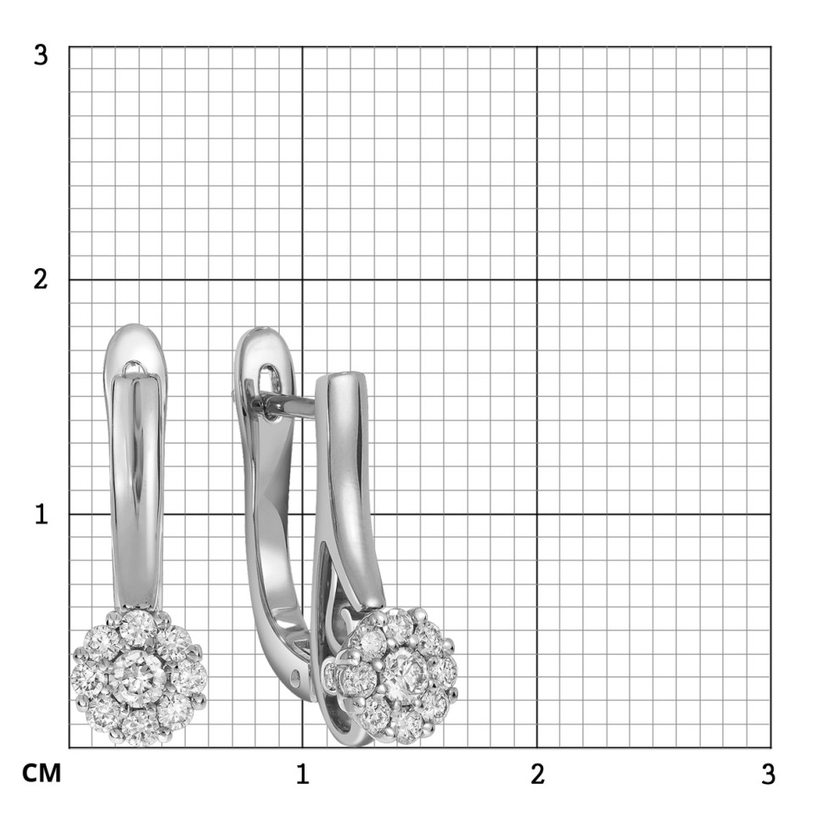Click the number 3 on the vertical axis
(x=41, y=54)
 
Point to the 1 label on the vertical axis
(x=41, y=514)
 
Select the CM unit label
(x=42, y=773)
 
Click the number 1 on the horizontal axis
(x=302, y=774)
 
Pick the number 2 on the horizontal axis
(x=537, y=774)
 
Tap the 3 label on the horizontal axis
(x=768, y=774)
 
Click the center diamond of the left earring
(x=138, y=675)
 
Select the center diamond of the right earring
(x=405, y=673)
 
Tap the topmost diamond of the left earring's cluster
(x=138, y=628)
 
